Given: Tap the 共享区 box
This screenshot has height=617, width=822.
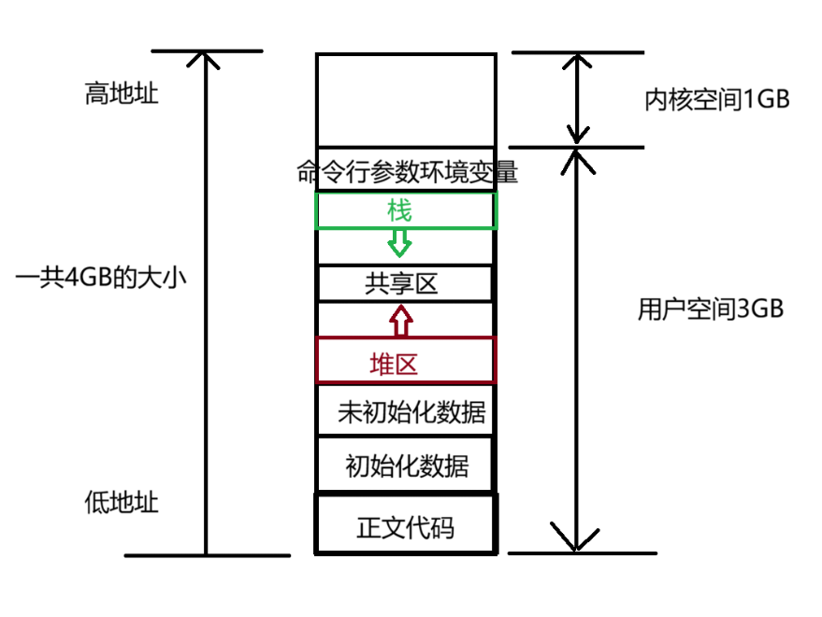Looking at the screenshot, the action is (x=405, y=283).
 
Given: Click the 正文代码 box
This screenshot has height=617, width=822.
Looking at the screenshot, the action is (x=406, y=526).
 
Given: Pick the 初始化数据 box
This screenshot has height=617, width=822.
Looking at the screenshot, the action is (x=406, y=465).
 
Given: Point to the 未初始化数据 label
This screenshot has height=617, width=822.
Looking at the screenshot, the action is (x=411, y=411).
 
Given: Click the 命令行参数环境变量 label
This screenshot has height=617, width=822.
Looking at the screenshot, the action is (x=406, y=173).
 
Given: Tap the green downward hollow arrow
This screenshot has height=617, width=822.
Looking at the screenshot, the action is (x=400, y=243).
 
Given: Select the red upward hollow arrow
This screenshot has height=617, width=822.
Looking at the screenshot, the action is (x=400, y=321).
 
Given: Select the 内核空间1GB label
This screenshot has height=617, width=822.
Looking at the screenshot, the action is (x=717, y=100).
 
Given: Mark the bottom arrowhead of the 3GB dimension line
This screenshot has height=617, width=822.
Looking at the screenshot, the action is (x=576, y=539).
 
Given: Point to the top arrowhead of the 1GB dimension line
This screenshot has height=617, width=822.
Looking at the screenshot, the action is (x=577, y=61).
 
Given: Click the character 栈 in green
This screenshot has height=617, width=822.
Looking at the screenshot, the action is (x=400, y=210).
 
